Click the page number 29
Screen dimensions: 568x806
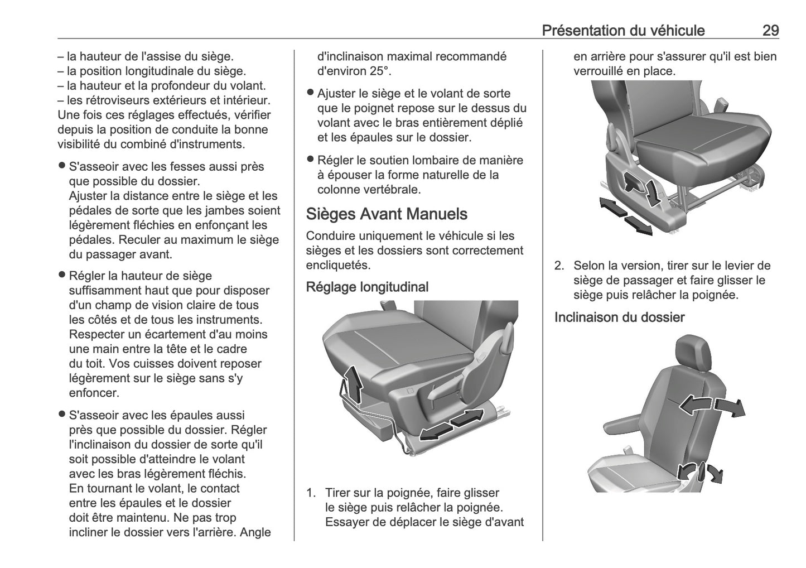point(770,30)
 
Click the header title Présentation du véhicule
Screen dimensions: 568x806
point(623,30)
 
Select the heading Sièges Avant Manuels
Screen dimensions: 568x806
point(387,214)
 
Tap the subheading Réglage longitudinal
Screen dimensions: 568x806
point(367,287)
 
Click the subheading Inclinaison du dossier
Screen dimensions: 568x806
point(619,317)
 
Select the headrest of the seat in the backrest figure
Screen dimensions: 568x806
point(693,350)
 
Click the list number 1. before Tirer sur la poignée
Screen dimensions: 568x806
point(312,493)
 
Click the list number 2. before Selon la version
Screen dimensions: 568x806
point(559,266)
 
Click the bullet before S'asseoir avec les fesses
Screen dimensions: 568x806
point(62,166)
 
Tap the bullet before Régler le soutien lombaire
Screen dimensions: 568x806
point(311,160)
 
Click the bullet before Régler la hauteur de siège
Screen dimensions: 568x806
point(62,276)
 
